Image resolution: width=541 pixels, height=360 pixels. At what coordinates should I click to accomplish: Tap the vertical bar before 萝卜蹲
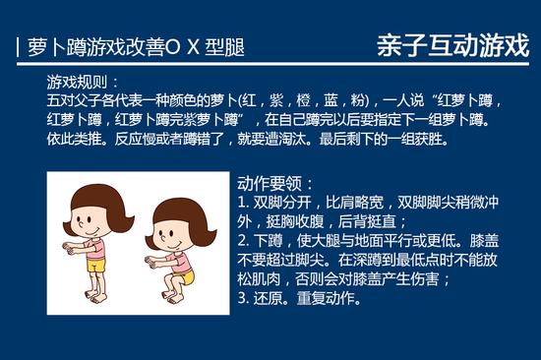[x=19, y=47]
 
